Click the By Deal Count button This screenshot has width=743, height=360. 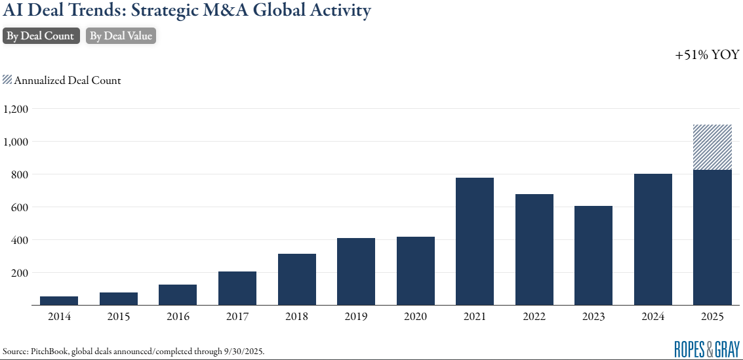click(x=41, y=36)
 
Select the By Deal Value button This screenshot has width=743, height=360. click(x=121, y=36)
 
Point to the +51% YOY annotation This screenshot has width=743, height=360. click(x=707, y=56)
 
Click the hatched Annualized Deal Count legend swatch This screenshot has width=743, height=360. click(x=7, y=80)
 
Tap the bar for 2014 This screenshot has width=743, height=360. click(x=59, y=300)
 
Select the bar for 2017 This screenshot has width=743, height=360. click(x=237, y=288)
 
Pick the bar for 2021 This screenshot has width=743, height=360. click(x=475, y=241)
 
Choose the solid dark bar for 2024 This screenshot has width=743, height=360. click(x=653, y=239)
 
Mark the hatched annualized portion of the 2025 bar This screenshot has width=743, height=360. click(x=713, y=148)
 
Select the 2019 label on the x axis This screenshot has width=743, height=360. click(x=355, y=317)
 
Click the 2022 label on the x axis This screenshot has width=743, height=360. click(x=534, y=317)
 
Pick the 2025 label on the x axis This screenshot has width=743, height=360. click(x=712, y=317)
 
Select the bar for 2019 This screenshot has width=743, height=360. click(x=356, y=271)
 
